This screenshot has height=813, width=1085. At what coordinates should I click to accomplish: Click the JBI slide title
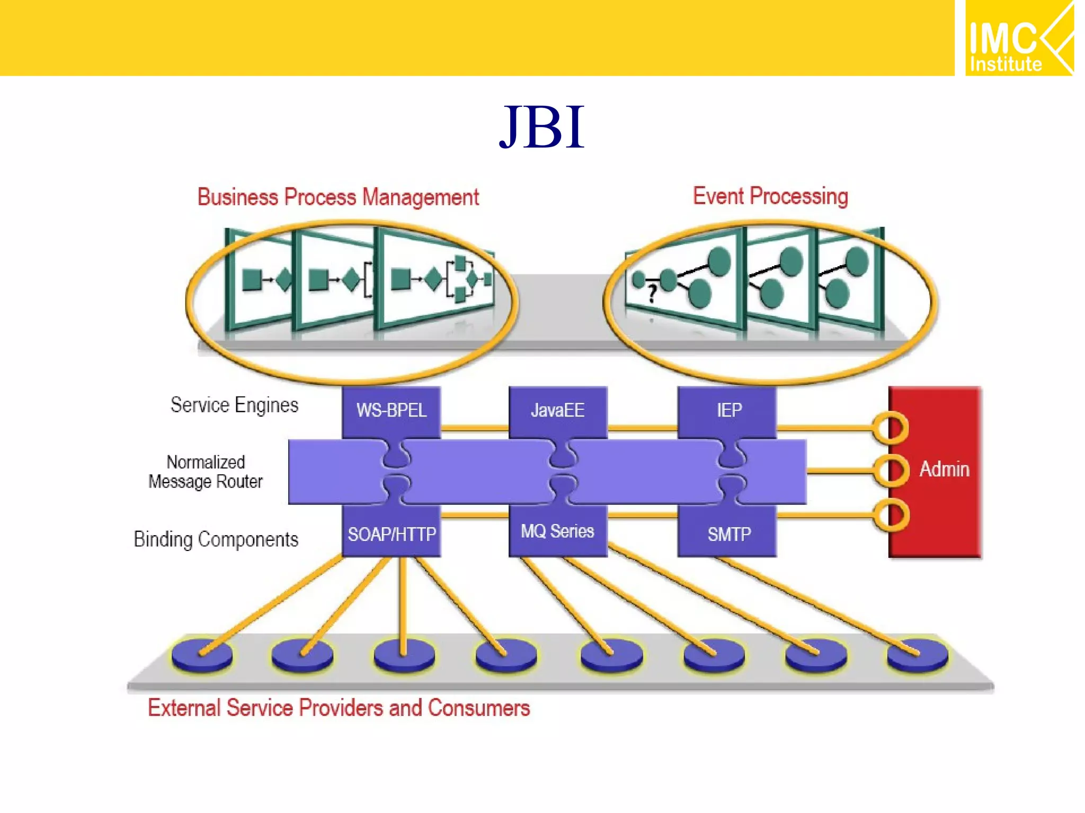point(541,128)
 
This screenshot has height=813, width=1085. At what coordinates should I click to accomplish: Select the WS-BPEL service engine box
point(391,410)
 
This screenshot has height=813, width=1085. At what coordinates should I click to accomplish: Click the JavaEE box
point(557,410)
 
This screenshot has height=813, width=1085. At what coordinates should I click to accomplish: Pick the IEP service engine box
point(728,410)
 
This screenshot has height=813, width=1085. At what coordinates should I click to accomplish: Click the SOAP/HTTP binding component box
point(392,534)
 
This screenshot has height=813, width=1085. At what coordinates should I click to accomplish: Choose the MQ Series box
point(557,531)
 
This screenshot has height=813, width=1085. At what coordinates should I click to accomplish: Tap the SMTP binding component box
point(728,534)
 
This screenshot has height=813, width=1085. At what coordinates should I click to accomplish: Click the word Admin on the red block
point(944,469)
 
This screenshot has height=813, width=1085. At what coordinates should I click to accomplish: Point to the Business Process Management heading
point(338,197)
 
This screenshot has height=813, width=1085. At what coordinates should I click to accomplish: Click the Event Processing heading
point(770,196)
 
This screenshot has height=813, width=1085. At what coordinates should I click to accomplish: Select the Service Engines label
point(234,405)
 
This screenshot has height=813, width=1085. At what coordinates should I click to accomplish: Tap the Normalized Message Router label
point(206,472)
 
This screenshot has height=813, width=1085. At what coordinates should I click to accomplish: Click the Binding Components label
point(216,539)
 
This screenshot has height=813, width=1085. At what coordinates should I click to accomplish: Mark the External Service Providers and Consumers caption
point(339,708)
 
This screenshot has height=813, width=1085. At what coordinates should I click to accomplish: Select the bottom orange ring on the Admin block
point(891,515)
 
